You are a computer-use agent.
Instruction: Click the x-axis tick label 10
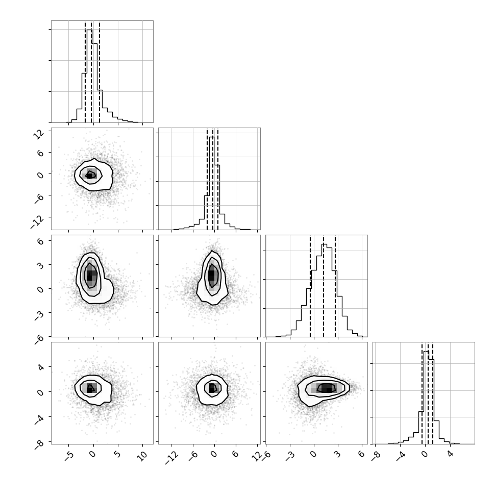(142, 456)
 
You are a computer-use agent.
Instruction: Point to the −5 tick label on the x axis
(69, 457)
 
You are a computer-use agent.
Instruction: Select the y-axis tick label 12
(39, 135)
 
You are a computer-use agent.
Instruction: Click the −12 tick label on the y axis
(37, 222)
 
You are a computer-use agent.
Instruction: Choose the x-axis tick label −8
(376, 456)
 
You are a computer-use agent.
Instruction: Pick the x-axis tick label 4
(450, 454)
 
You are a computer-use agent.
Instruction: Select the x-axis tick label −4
(400, 456)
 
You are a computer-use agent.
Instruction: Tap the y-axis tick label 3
(40, 265)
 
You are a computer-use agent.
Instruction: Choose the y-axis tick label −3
(39, 316)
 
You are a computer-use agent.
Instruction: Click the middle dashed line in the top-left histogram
(91, 71)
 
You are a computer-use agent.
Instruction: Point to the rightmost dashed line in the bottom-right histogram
(433, 393)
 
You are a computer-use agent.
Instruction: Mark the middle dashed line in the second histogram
(213, 179)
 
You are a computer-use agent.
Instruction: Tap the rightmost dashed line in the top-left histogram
(100, 71)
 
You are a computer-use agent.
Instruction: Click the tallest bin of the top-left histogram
(90, 76)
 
